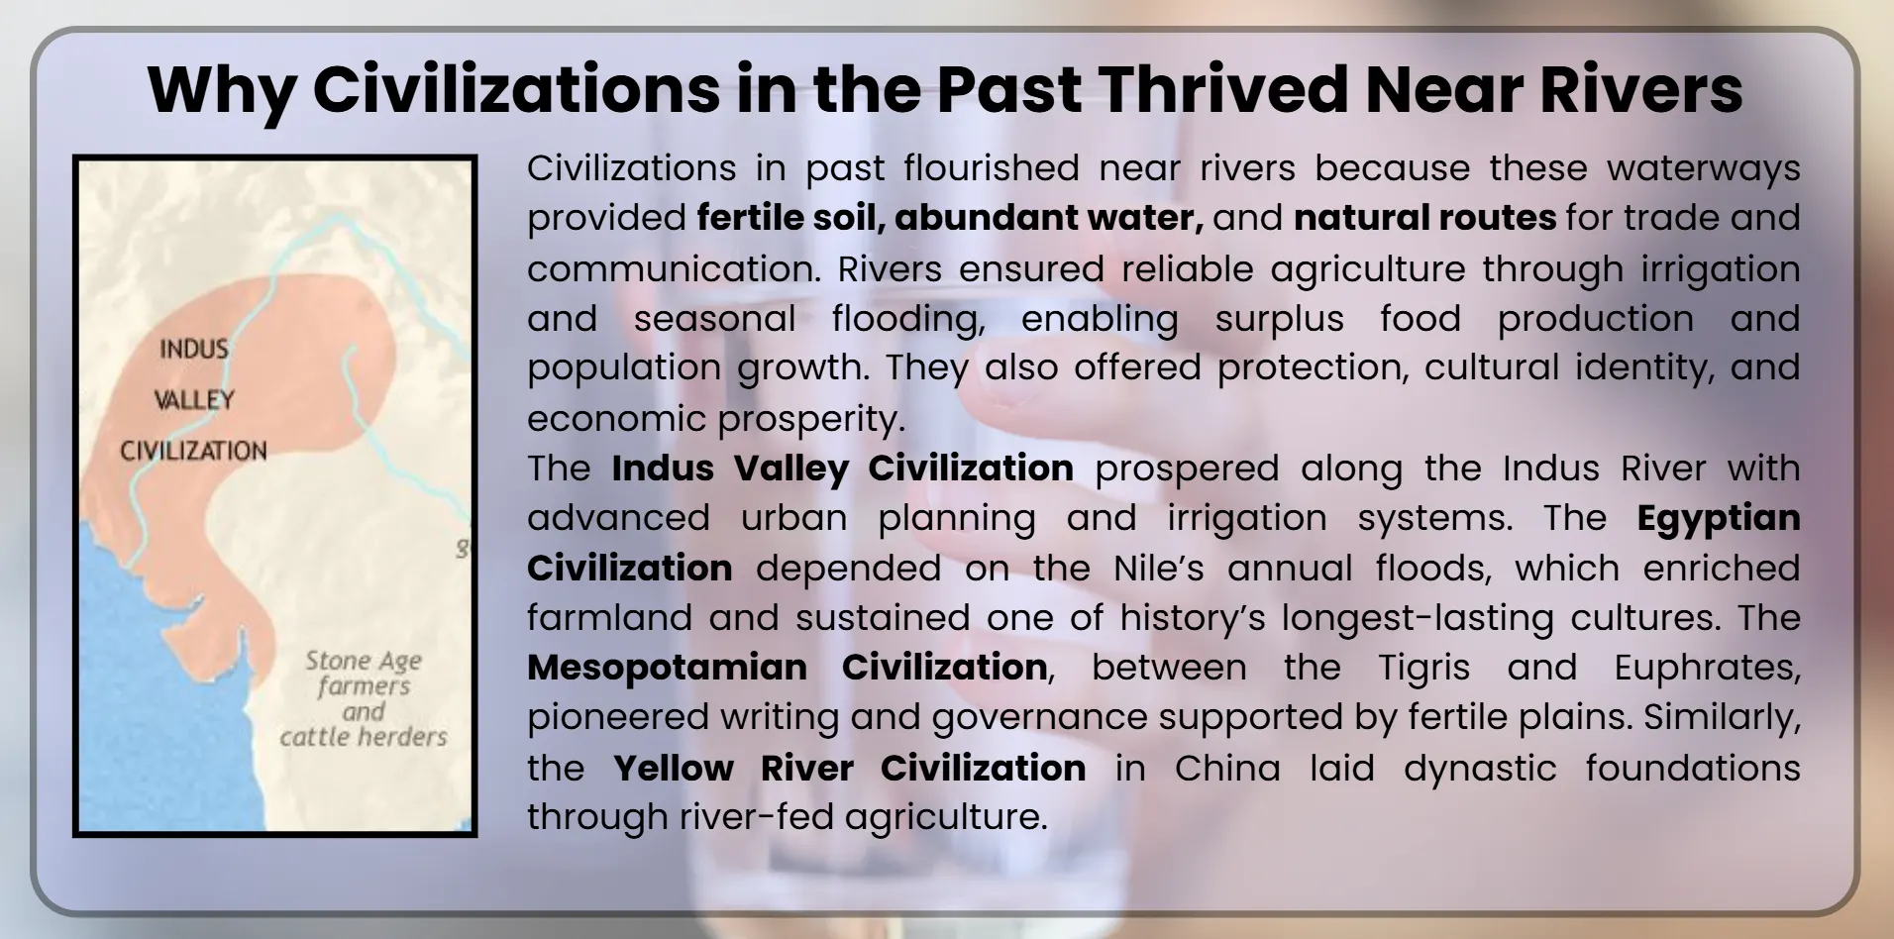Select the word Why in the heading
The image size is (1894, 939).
coord(221,91)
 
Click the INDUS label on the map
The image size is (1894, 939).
coord(194,349)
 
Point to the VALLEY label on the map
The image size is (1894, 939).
coord(194,400)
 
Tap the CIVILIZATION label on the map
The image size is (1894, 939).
coord(194,452)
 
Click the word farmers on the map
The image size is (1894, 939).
coord(364,686)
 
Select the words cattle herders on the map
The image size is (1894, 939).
coord(364,738)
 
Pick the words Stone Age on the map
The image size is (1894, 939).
coord(364,661)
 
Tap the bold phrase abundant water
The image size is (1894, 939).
coord(1048,218)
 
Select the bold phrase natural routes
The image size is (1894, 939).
coord(1424,218)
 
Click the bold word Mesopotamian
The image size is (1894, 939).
coord(667,668)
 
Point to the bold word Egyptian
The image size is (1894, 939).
coord(1718,518)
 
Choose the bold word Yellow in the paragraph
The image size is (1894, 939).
coord(674,769)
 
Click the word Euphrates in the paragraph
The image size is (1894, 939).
coord(1706,669)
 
